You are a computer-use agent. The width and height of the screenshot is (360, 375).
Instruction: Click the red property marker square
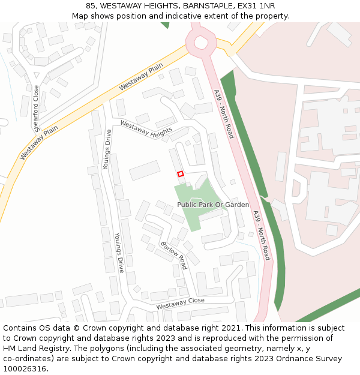tap(180, 173)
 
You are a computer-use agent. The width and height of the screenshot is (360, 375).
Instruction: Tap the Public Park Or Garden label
tap(213, 205)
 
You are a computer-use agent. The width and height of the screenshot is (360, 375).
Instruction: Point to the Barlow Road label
tap(174, 256)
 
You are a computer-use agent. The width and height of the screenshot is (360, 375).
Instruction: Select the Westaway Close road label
tap(180, 304)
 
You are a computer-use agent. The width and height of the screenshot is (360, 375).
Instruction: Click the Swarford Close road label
tap(37, 109)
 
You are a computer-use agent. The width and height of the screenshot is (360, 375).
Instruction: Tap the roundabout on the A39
tap(200, 42)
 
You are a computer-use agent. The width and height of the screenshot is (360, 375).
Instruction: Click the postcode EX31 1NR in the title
tap(256, 6)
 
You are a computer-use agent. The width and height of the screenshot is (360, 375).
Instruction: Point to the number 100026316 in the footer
tap(25, 368)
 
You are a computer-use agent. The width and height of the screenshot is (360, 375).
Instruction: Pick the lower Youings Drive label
tap(119, 253)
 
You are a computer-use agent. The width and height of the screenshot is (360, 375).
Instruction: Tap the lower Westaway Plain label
tap(39, 142)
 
